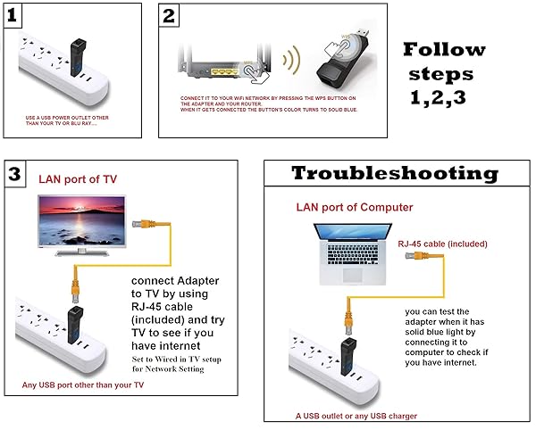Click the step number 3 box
15,174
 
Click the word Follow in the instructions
444,49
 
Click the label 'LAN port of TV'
78,179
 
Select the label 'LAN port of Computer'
355,208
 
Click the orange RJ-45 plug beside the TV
139,226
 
